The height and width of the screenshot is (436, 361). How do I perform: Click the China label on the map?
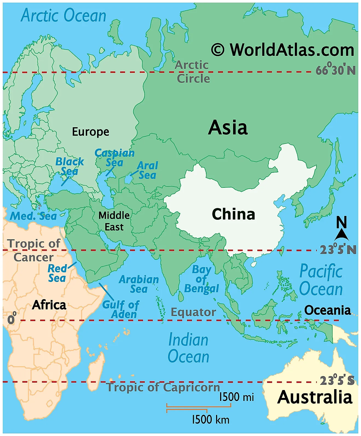(233, 214)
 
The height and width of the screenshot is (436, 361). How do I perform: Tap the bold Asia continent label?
(228, 128)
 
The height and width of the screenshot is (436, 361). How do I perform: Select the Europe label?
(91, 132)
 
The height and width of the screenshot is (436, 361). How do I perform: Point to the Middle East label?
(114, 221)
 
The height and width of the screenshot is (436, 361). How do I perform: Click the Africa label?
(49, 305)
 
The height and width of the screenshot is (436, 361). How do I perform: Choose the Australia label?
(315, 397)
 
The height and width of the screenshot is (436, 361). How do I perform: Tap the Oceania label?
(327, 310)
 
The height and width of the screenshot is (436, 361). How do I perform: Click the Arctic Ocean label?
(63, 15)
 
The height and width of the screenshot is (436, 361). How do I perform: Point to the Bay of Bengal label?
(202, 279)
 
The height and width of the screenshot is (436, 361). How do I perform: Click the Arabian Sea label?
(139, 284)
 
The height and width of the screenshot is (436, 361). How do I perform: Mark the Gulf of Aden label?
(121, 310)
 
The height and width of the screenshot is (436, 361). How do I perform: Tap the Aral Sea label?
(147, 170)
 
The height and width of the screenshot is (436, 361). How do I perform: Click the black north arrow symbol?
(341, 235)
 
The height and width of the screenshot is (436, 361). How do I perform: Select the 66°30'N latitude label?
(336, 70)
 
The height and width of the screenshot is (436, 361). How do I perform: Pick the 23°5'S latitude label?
(337, 380)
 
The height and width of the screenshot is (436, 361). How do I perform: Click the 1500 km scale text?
(211, 420)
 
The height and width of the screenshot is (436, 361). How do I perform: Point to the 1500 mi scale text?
(237, 397)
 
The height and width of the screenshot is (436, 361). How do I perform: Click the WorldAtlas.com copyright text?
(283, 50)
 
